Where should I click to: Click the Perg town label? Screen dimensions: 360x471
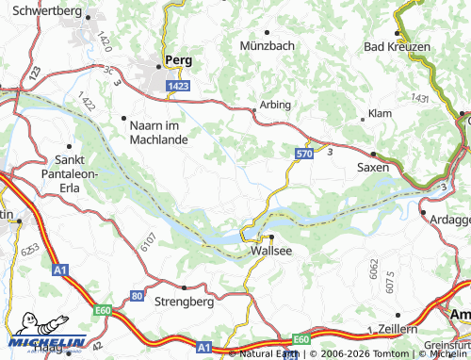(178, 59)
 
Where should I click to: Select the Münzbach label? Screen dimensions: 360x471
(268, 44)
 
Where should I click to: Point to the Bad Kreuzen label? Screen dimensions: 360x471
(397, 46)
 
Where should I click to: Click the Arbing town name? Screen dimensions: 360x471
(276, 104)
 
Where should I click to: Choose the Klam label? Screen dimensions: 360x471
(380, 113)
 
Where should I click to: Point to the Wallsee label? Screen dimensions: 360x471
(270, 252)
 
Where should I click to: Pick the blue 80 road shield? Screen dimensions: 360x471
(138, 295)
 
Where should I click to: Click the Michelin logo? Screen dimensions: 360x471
(44, 341)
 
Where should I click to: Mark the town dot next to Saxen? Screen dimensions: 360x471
(373, 154)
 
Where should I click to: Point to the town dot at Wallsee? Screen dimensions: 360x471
(271, 237)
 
